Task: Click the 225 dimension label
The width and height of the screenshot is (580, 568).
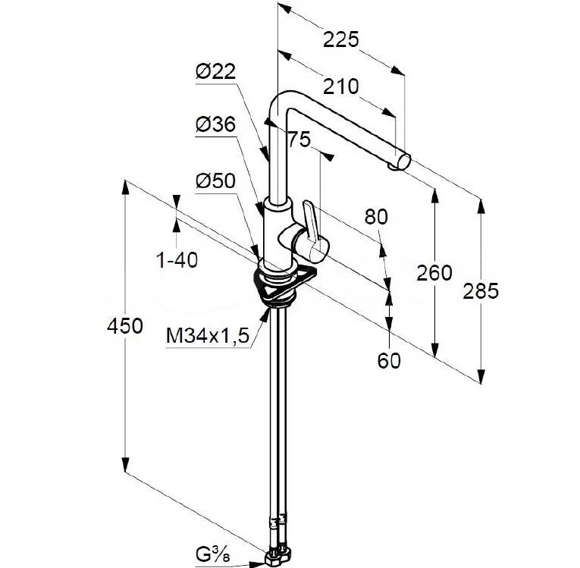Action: coord(340,39)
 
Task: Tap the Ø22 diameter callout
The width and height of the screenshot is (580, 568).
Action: coord(215,71)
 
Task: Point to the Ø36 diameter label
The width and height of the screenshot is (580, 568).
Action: coord(215,125)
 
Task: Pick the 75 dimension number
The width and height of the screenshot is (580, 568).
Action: coord(300,139)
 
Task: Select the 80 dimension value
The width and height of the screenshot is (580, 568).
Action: coord(375,217)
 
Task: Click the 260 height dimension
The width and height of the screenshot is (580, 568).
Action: coord(434,272)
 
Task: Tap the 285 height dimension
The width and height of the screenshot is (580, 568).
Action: coord(481,290)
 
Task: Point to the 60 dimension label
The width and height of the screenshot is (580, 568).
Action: coord(389,360)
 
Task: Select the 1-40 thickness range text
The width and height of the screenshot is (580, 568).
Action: coord(177,260)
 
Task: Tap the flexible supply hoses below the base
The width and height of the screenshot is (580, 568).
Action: coord(276,410)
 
